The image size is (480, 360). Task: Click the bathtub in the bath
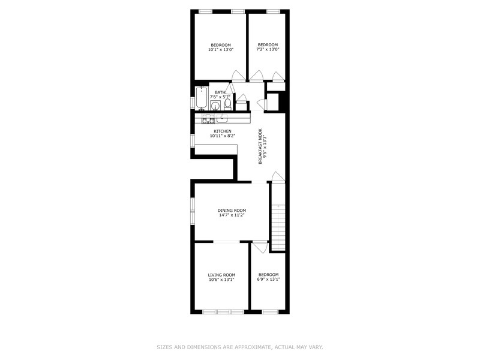point(202,98)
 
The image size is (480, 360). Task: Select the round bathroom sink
point(215,106)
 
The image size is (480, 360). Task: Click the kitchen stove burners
point(208,119)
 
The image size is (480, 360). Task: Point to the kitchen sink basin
point(222,118)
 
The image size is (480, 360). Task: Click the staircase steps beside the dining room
point(278,227)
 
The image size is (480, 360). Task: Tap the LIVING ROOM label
point(221,275)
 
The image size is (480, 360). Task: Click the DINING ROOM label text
point(232,211)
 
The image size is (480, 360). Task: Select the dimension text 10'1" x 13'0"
point(221,49)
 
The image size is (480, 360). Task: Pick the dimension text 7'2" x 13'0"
point(268,49)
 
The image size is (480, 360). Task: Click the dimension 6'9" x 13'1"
point(268,279)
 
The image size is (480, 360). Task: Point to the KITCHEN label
point(223,131)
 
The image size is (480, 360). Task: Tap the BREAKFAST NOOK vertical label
point(260,146)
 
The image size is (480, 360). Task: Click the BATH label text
point(220,92)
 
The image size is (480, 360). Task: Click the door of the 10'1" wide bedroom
point(238,76)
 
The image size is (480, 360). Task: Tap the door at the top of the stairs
point(278,176)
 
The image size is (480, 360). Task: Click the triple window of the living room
point(223,312)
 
